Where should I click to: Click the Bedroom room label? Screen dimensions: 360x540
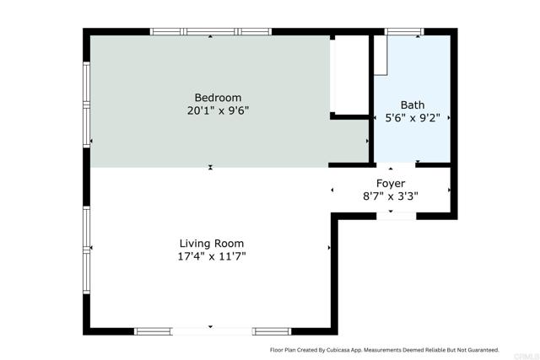(218, 97)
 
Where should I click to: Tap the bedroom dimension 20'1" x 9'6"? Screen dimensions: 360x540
(218, 110)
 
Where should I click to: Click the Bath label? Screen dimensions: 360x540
(413, 105)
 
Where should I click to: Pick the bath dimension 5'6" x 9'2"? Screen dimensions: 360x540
(413, 119)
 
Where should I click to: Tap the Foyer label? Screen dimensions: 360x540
(391, 183)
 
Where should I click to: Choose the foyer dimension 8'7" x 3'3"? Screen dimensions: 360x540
(390, 196)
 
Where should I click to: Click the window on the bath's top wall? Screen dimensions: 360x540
(404, 32)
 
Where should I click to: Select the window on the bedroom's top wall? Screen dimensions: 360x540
(210, 32)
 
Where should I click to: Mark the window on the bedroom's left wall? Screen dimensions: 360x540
(86, 105)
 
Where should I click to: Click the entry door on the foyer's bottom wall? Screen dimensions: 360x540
(395, 216)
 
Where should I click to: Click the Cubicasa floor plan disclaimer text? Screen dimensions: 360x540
(384, 349)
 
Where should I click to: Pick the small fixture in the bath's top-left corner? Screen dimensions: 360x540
(381, 56)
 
